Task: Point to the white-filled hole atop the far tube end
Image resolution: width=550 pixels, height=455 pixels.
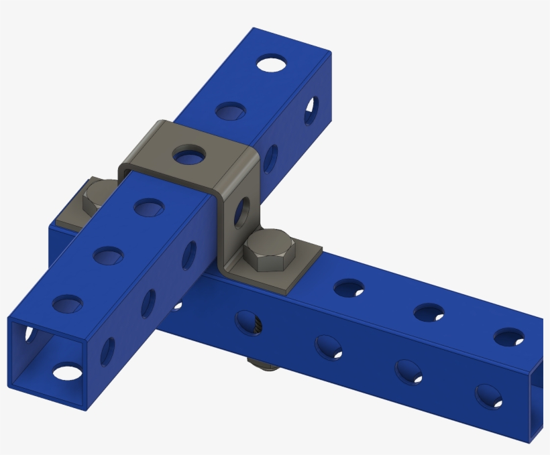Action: coord(271,64)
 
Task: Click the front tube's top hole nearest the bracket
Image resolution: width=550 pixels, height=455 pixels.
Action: coord(149,208)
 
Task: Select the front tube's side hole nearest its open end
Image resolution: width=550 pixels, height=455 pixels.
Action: coord(107,351)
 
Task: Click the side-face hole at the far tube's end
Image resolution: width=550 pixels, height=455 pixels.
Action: coord(312,111)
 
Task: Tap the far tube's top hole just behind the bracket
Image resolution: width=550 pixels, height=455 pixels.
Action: coord(230,111)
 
